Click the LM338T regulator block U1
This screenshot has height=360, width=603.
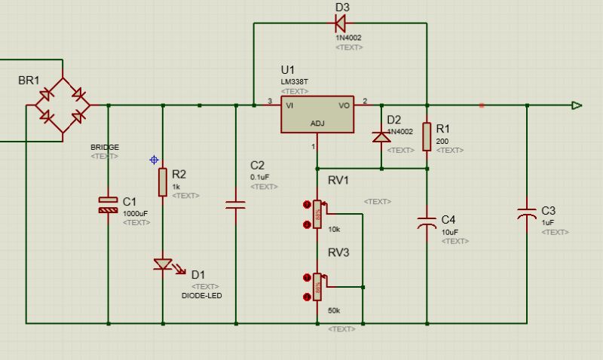click(317, 114)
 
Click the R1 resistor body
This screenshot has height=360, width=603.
click(427, 136)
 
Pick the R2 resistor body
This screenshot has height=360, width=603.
click(162, 182)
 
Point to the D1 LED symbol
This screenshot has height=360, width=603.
click(163, 264)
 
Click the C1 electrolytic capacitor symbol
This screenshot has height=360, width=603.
click(109, 204)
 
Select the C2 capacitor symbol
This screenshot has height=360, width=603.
click(236, 203)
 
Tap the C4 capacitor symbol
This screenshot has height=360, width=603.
click(427, 223)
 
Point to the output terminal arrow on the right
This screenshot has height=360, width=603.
click(577, 105)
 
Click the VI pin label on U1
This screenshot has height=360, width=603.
click(290, 106)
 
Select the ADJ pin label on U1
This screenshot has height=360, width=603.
click(318, 124)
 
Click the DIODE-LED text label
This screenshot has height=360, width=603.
click(202, 296)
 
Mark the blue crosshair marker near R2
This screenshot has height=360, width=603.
click(154, 160)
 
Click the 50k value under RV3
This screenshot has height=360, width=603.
click(334, 310)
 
